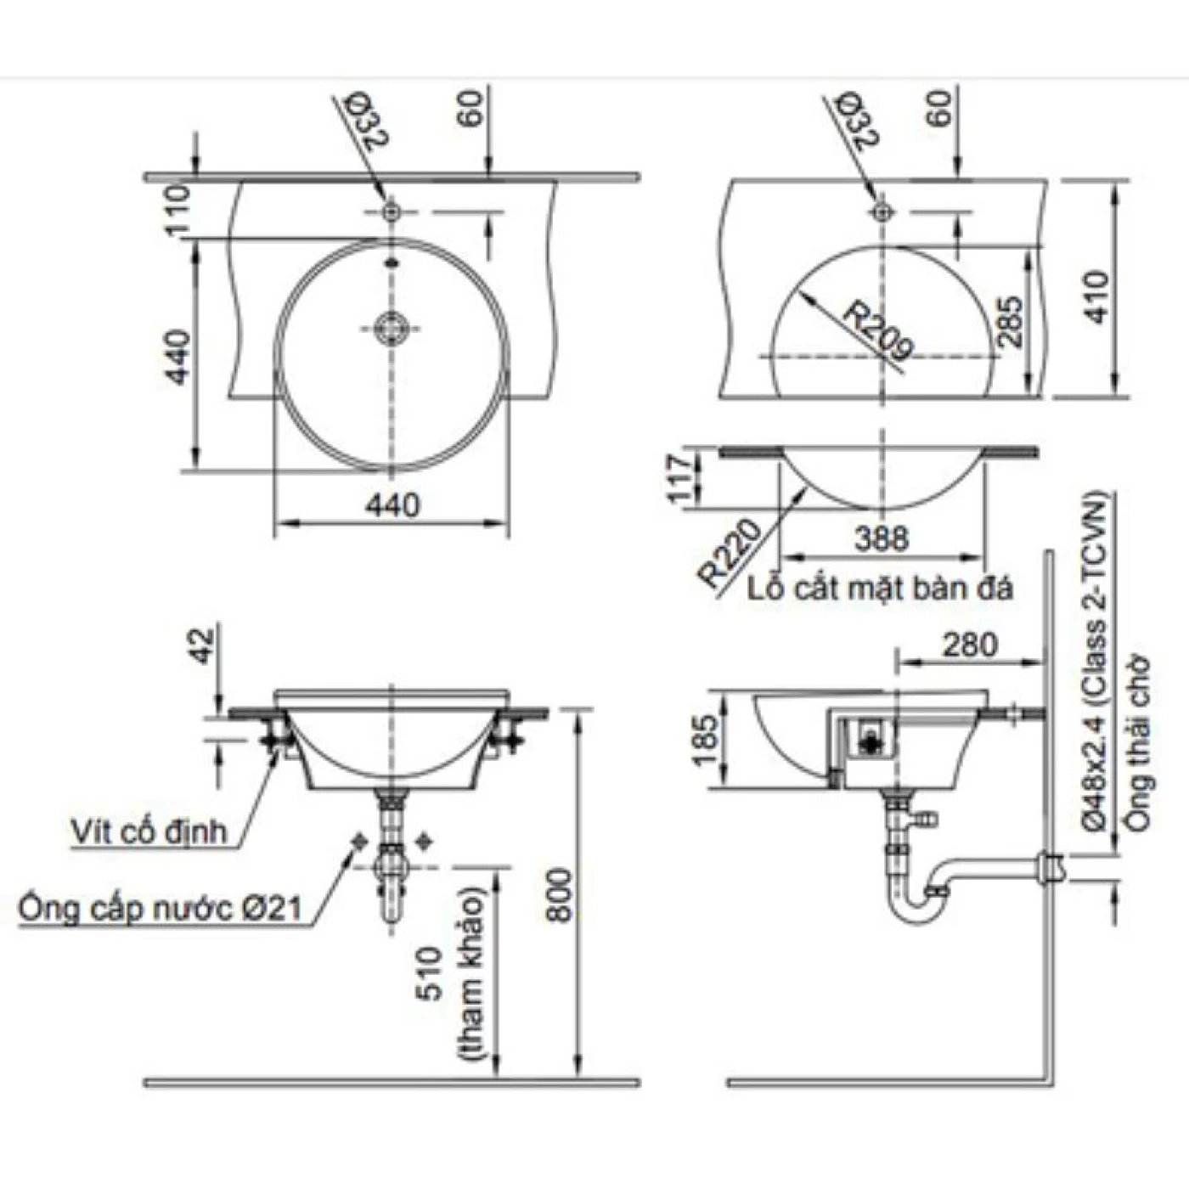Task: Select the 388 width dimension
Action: (x=882, y=538)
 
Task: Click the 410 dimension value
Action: (x=1098, y=297)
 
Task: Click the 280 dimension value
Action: (x=969, y=645)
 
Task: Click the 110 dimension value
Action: (x=178, y=210)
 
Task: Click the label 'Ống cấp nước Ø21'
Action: (x=160, y=909)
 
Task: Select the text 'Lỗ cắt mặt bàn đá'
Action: (x=881, y=589)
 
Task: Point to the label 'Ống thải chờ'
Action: (x=1136, y=744)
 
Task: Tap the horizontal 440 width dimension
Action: (x=392, y=506)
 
